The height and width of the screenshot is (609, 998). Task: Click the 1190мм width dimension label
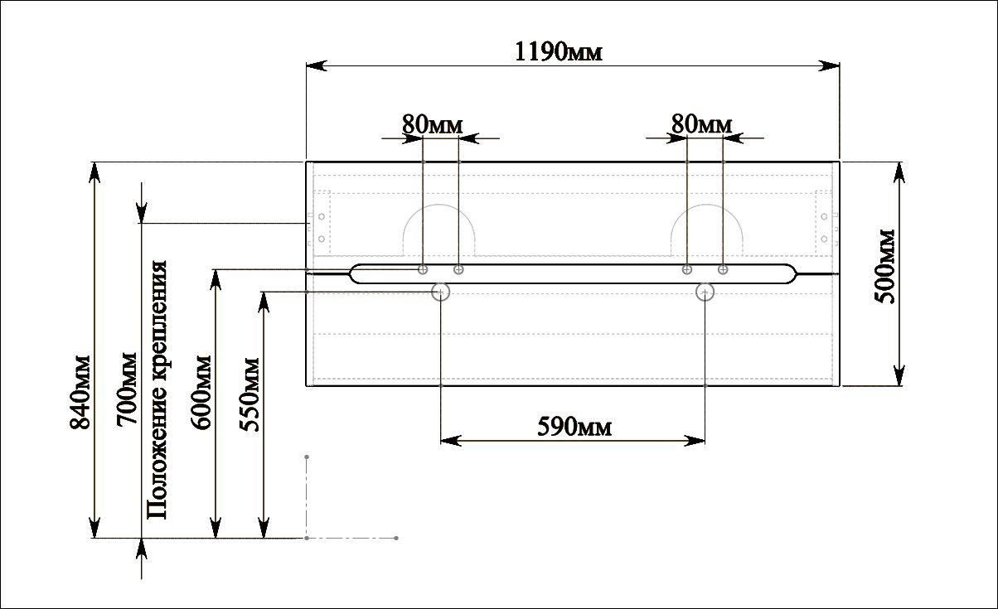tap(558, 51)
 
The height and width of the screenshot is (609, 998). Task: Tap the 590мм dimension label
tap(574, 427)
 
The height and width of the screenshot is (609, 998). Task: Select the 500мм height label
tap(884, 267)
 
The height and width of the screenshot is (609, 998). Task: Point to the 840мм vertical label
tap(80, 392)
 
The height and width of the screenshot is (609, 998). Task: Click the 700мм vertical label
tap(127, 389)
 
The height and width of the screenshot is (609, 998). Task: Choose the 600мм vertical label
tap(201, 392)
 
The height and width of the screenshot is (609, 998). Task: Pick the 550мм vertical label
tap(249, 394)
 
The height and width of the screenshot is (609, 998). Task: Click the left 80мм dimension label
tap(432, 124)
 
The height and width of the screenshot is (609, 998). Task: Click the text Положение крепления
tap(157, 389)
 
